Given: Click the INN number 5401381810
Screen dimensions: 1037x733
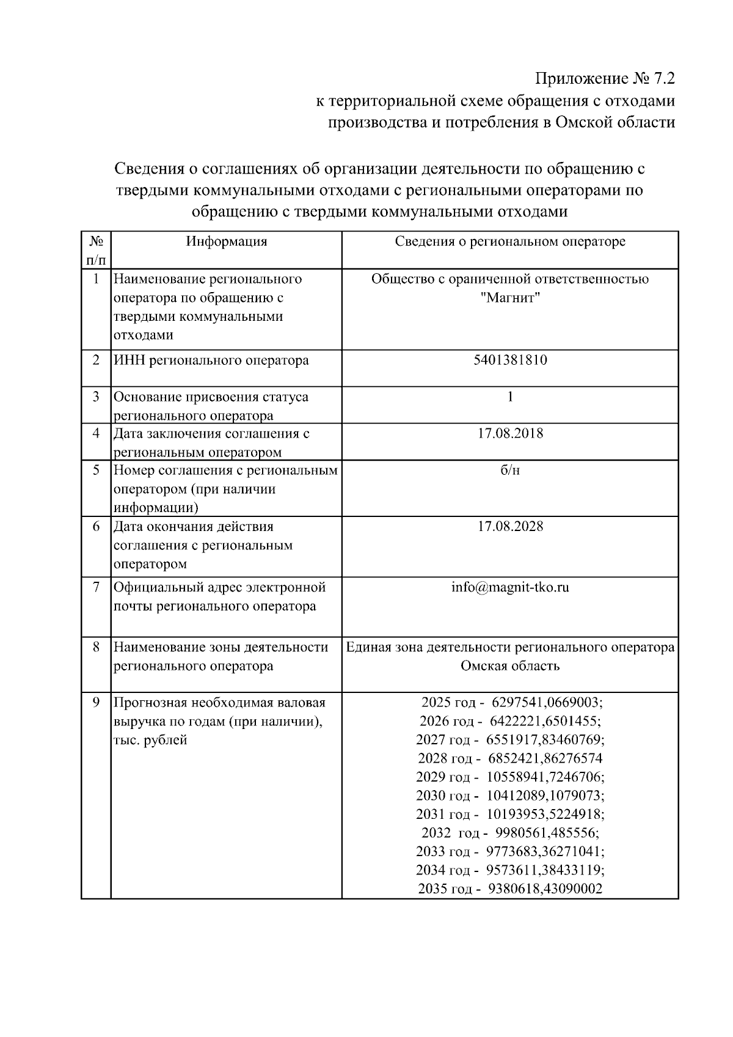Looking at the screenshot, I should click(x=510, y=360).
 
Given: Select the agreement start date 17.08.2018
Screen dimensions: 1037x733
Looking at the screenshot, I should click(x=510, y=434).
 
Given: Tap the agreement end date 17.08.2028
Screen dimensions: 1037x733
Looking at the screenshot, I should click(x=510, y=526).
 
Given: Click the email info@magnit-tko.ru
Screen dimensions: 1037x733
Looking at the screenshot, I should click(x=510, y=587).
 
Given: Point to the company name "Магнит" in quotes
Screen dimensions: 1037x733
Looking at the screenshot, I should click(x=510, y=298).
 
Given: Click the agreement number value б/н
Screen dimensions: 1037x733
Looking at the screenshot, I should click(x=510, y=471).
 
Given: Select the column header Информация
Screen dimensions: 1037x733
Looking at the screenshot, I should click(x=227, y=241).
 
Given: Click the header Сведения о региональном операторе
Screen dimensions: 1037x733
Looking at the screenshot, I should click(x=510, y=241).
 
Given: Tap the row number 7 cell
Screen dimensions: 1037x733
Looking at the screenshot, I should click(x=96, y=587).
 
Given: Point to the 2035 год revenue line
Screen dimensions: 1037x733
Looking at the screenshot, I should click(x=510, y=889).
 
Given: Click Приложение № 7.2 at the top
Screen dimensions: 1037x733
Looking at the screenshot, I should click(x=605, y=79).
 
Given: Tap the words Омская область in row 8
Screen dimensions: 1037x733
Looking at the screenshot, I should click(x=510, y=665).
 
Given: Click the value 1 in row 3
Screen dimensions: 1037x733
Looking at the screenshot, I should click(x=510, y=397).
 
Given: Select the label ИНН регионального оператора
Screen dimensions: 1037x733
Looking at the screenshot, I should click(x=211, y=360).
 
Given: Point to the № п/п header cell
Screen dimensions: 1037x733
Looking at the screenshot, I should click(x=96, y=250).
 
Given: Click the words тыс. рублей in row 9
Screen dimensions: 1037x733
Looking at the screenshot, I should click(x=150, y=740).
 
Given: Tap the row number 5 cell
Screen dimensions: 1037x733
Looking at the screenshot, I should click(x=96, y=471).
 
